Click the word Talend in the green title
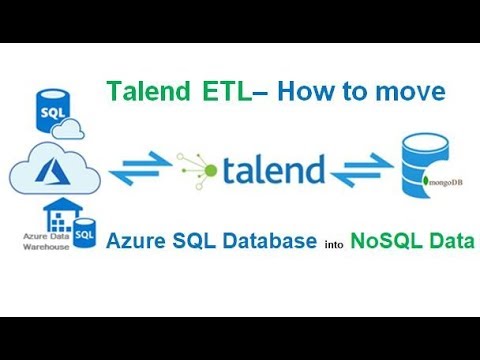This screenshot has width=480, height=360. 146,93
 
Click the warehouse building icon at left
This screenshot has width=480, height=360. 49,218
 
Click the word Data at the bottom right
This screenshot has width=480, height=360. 446,241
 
